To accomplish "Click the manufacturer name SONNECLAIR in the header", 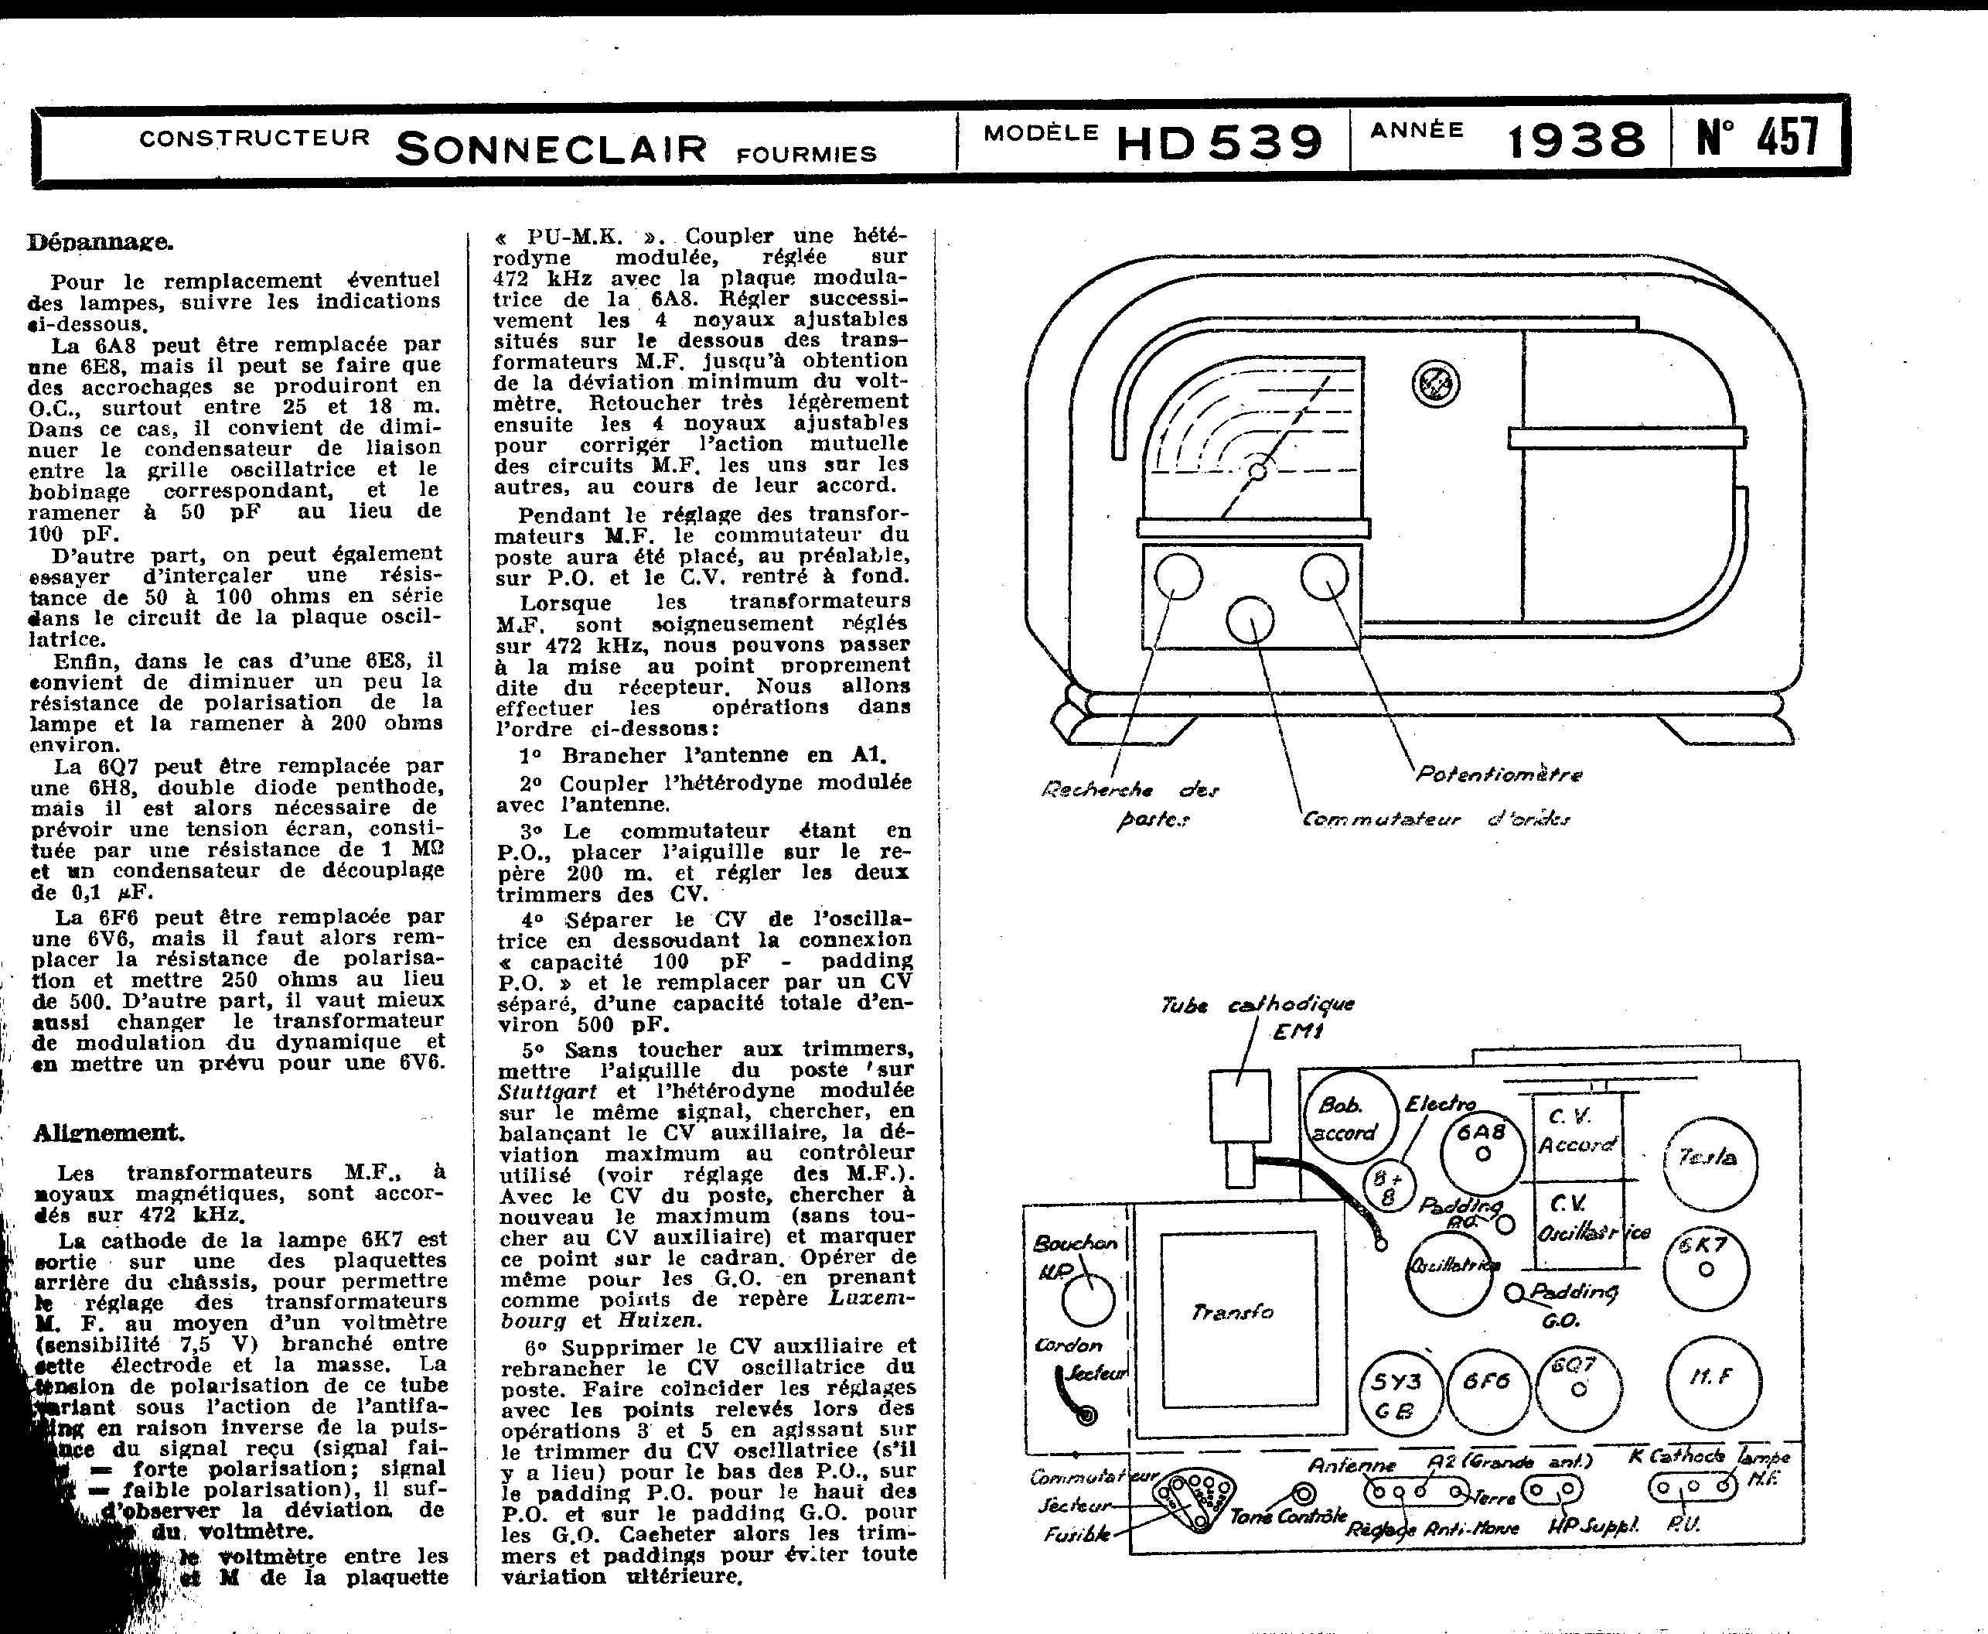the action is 551,149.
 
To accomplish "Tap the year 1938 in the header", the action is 1576,141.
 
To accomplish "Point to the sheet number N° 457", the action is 1758,136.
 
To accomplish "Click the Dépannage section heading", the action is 100,242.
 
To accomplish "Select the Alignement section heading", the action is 108,1133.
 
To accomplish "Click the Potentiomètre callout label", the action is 1499,774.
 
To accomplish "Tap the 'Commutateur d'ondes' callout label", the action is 1435,819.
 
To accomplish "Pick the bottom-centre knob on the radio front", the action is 1250,620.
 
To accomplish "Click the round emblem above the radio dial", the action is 1435,384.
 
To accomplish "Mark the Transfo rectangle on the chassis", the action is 1237,1311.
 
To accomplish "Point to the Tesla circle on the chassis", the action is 1710,1161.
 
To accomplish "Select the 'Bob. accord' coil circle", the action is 1345,1118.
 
